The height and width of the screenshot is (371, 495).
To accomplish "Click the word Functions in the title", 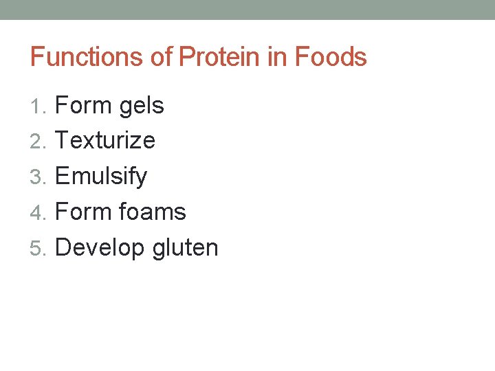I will (87, 56).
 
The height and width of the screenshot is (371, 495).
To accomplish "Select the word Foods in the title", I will (331, 56).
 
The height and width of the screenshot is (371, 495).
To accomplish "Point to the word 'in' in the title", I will (278, 56).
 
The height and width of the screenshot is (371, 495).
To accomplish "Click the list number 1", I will (37, 106).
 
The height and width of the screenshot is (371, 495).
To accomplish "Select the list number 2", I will (37, 142).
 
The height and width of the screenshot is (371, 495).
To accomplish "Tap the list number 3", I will (37, 177).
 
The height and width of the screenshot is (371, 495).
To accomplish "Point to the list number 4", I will (37, 212).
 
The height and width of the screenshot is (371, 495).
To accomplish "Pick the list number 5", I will (37, 248).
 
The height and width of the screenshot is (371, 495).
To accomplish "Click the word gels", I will (141, 106).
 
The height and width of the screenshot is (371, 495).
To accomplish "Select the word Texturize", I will (105, 141).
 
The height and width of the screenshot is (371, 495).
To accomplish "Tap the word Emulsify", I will (101, 177).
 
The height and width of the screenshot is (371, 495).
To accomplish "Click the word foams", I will (152, 212).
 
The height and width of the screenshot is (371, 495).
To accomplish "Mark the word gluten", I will (185, 248).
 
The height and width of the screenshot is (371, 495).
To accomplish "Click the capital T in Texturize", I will (61, 141).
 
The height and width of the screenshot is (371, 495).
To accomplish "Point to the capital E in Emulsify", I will (62, 177).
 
